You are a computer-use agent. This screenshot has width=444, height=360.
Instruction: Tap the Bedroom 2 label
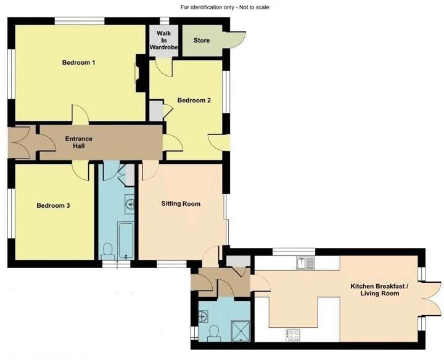[194, 100]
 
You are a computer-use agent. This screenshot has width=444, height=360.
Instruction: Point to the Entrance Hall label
[79, 142]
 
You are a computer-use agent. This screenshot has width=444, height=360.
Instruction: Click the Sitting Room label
[181, 203]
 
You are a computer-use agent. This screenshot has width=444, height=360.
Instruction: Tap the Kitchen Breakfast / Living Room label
[374, 290]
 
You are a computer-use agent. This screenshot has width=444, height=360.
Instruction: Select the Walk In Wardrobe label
[163, 40]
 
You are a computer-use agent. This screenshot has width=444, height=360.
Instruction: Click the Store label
[202, 41]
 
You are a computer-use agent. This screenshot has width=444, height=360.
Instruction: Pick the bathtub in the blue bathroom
[126, 240]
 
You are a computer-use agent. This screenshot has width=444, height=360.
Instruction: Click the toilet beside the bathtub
[108, 250]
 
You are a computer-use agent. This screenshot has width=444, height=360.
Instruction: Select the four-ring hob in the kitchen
[292, 335]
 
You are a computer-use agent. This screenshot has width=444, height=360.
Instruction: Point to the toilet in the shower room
[213, 333]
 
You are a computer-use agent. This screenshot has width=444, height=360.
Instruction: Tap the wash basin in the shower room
[204, 316]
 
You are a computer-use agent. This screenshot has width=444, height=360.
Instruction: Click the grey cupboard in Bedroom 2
[156, 111]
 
